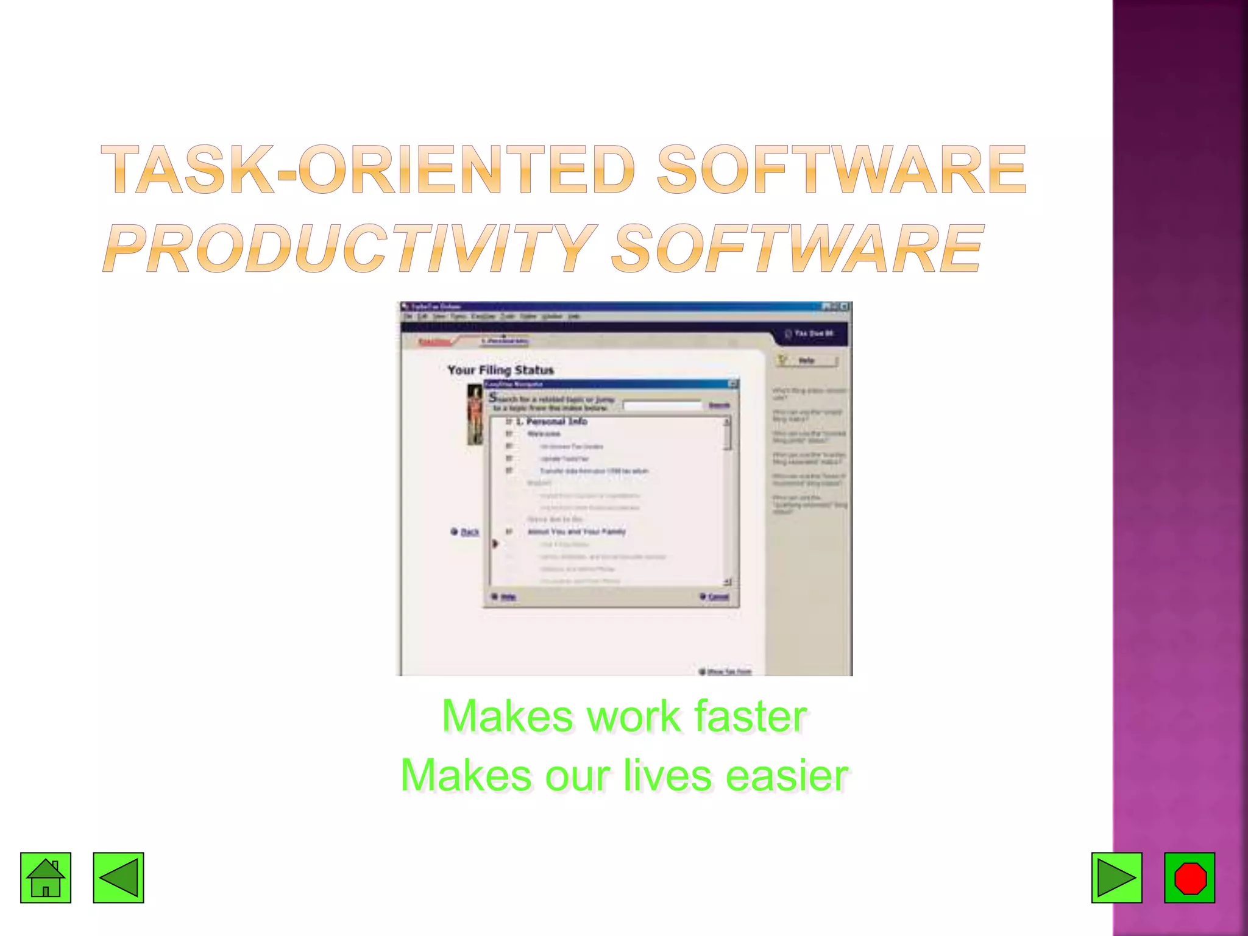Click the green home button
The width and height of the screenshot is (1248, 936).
coord(46,877)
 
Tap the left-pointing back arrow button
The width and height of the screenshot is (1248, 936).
coord(118,877)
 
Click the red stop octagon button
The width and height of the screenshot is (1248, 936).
coord(1189,877)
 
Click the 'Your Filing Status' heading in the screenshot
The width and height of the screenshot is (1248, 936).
coord(500,370)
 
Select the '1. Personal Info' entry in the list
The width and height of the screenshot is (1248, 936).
coord(551,422)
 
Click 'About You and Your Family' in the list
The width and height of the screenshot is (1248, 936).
coord(576,532)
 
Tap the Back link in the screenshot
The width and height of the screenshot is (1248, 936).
coord(469,532)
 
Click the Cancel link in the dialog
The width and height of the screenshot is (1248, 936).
coord(718,597)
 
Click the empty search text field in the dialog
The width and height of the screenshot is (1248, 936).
coord(662,405)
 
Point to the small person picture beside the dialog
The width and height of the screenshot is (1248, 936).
coord(475,414)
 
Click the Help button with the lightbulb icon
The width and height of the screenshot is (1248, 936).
coord(806,361)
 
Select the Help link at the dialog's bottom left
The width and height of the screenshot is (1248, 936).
coord(508,597)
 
